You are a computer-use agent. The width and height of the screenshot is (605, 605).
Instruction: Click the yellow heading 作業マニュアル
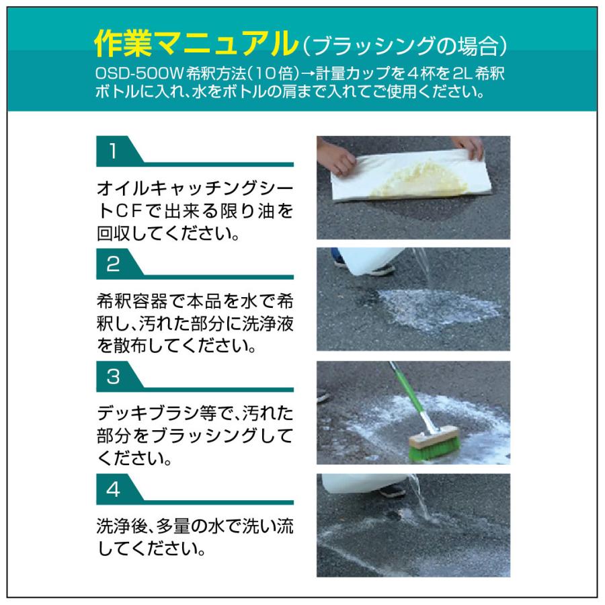click(196, 44)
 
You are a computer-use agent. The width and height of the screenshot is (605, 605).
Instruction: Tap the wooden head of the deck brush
click(430, 441)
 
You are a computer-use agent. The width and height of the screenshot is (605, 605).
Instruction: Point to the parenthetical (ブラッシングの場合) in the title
click(403, 46)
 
